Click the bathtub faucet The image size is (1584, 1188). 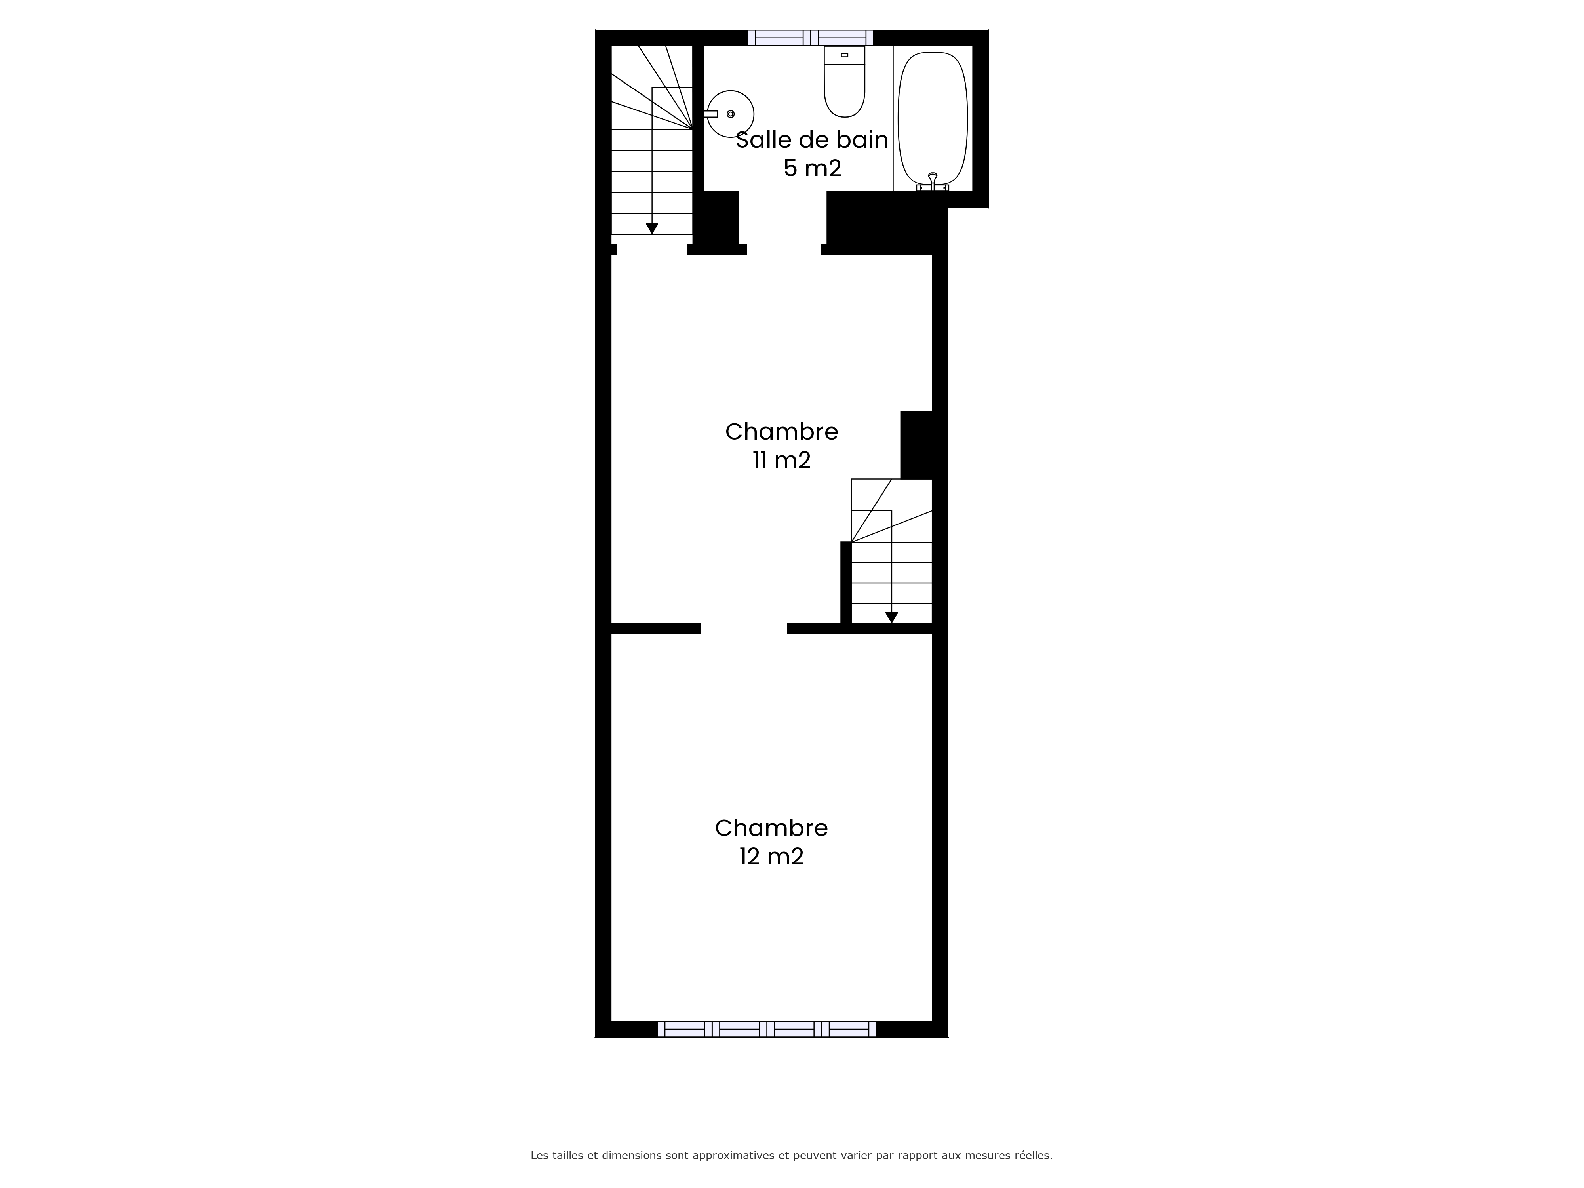932,182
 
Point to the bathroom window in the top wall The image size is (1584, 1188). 811,38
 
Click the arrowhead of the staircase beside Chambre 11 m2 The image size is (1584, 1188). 891,617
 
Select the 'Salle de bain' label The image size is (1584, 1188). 812,140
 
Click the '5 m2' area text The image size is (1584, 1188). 812,168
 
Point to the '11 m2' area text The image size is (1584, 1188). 781,460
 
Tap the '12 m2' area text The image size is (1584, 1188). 771,857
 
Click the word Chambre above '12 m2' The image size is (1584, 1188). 771,828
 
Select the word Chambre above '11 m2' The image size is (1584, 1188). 781,431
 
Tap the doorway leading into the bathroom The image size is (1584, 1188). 783,248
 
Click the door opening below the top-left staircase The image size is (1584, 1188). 652,248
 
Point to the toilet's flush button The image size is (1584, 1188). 844,55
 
